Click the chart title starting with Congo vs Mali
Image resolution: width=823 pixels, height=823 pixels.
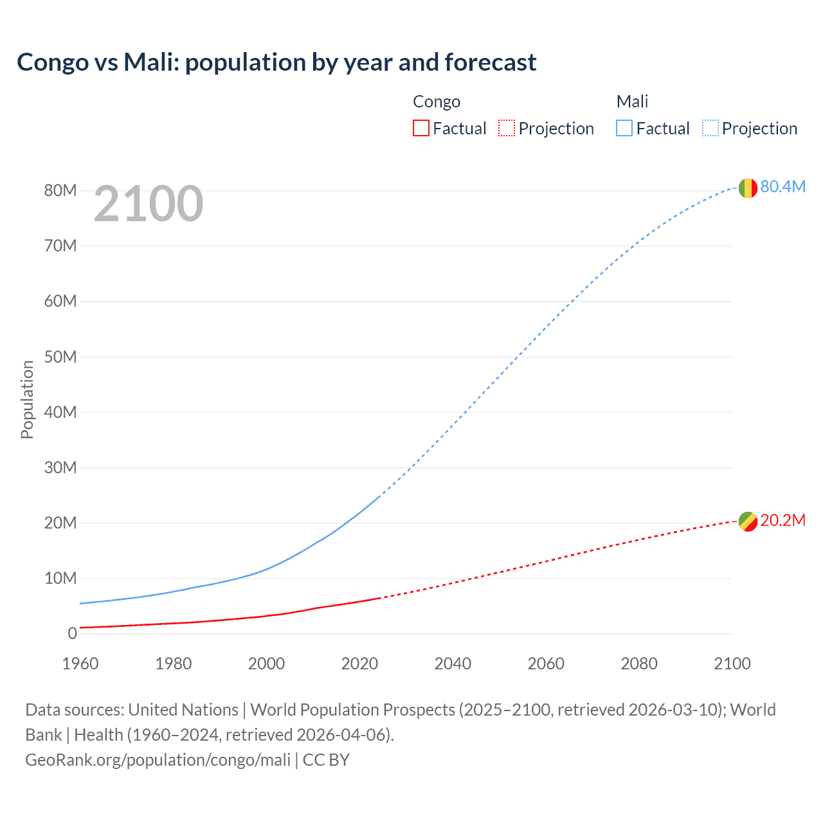(276, 62)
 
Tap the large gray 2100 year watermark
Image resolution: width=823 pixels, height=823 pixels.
(149, 204)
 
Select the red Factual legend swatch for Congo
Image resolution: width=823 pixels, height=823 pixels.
(421, 128)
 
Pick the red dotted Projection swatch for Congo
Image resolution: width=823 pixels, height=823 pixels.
(507, 128)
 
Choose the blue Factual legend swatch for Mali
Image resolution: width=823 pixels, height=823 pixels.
(624, 128)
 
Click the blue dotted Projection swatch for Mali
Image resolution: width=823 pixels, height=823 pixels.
(710, 128)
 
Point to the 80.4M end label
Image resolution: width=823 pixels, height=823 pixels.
(782, 186)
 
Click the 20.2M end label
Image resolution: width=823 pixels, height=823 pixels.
(782, 520)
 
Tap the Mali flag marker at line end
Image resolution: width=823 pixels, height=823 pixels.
(748, 188)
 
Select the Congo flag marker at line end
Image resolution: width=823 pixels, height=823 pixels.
(748, 521)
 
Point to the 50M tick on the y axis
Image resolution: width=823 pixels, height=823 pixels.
(60, 357)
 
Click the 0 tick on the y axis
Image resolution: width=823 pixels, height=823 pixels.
(72, 634)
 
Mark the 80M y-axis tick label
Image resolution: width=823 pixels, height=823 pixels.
(60, 190)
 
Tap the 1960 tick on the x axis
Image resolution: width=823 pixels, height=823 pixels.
(80, 664)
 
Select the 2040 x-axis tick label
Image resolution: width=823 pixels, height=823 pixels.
(453, 664)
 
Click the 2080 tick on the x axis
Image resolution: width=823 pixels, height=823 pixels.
(639, 664)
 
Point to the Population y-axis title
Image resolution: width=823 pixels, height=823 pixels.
(27, 399)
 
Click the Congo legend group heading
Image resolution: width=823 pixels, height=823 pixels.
(437, 102)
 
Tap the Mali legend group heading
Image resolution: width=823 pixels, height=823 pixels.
(632, 102)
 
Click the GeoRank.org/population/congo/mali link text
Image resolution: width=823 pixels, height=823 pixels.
(158, 760)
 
